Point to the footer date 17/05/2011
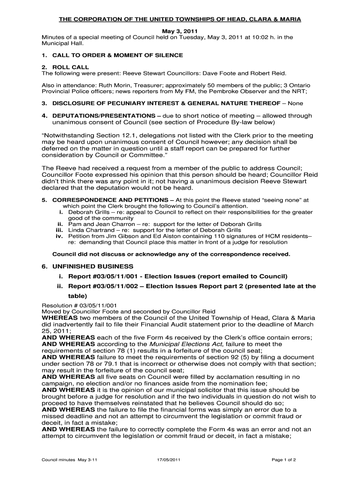(x=169, y=460)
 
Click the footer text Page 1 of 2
(x=283, y=460)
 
